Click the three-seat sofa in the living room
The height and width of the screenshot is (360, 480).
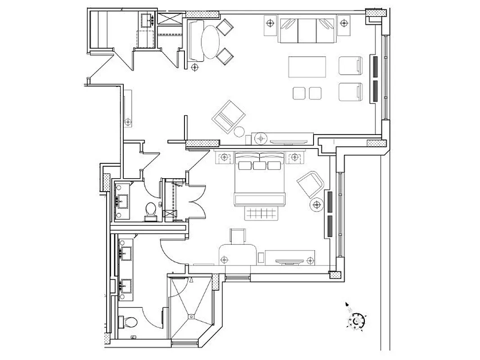pyautogui.click(x=307, y=30)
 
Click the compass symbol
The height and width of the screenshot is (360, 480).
pyautogui.click(x=356, y=321)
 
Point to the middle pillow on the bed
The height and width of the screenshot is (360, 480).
pyautogui.click(x=260, y=165)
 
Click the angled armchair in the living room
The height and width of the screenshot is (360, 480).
pyautogui.click(x=228, y=117)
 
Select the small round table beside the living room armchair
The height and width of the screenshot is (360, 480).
pyautogui.click(x=240, y=131)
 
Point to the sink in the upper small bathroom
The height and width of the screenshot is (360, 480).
pyautogui.click(x=122, y=200)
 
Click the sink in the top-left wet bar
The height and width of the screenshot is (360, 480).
pyautogui.click(x=147, y=19)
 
